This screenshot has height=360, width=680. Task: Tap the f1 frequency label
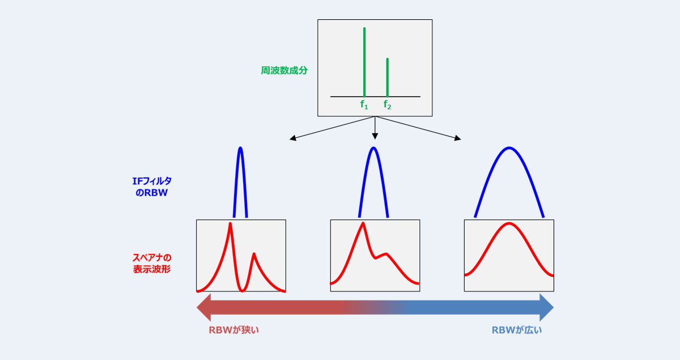[x=364, y=104]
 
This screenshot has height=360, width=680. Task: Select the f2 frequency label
[x=388, y=104]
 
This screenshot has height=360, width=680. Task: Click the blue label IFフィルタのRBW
[x=151, y=187]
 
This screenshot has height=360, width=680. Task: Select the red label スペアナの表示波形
[x=151, y=263]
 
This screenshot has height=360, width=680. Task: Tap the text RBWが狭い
[x=233, y=330]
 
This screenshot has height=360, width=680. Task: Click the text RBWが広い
[x=516, y=330]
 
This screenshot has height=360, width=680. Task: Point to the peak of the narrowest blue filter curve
[x=240, y=149]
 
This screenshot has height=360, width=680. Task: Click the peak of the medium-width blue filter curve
[x=373, y=149]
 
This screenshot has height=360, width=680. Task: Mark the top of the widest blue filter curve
[x=509, y=149]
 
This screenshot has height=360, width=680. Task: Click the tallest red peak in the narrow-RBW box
[x=230, y=224]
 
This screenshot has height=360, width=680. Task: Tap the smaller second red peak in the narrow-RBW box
[x=254, y=254]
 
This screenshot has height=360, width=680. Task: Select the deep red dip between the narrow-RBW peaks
[x=243, y=290]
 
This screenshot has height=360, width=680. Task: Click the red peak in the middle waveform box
[x=363, y=224]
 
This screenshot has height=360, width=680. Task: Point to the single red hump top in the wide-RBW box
[x=509, y=224]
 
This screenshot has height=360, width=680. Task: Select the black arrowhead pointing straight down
[x=375, y=136]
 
